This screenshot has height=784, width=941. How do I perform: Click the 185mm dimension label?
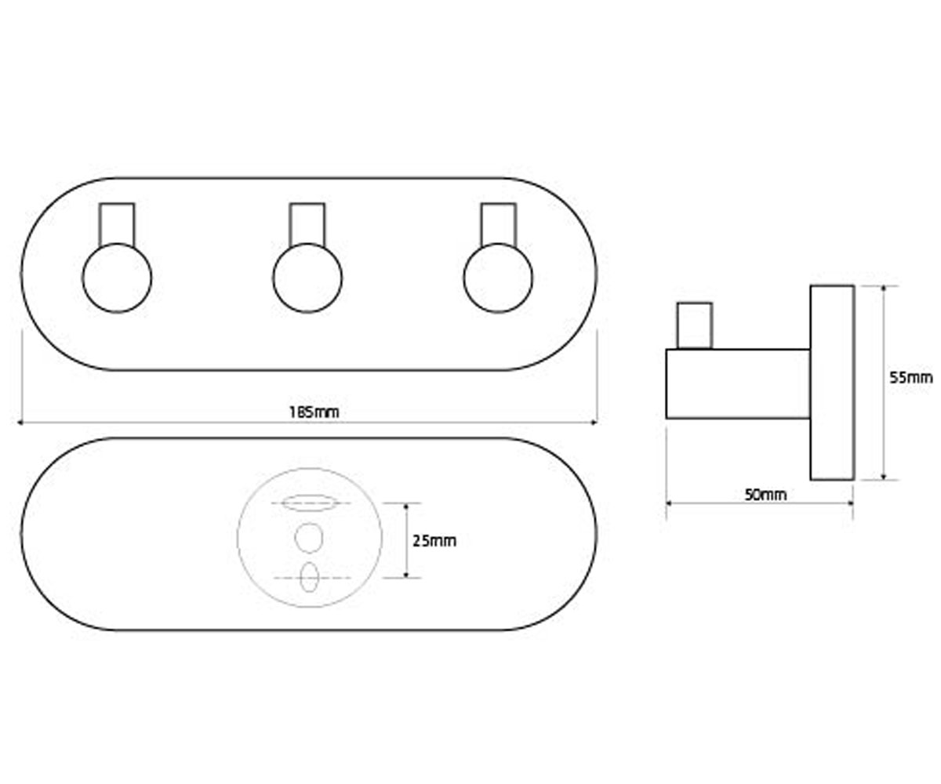point(314,412)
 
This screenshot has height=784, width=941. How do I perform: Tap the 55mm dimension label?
point(910,378)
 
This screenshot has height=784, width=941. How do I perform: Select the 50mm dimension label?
point(765,495)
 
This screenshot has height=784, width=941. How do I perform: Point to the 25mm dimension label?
point(434,541)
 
